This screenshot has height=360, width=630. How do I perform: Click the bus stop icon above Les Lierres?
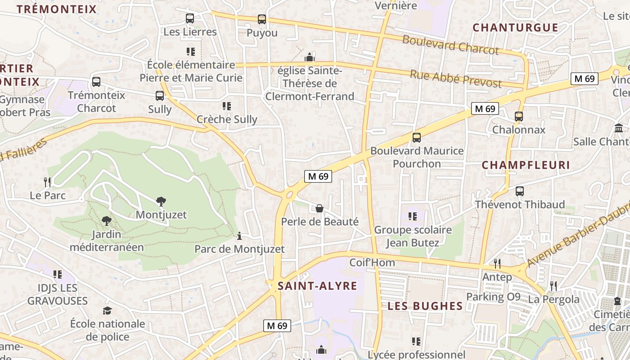(190, 18)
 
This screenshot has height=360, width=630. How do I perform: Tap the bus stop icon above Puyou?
(262, 19)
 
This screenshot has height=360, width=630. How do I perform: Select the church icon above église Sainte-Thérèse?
(310, 57)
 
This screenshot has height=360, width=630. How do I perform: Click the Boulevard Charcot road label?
(450, 45)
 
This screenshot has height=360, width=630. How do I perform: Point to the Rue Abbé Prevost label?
(455, 79)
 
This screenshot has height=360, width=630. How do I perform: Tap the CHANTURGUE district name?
(515, 27)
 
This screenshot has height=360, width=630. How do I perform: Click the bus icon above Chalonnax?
(519, 116)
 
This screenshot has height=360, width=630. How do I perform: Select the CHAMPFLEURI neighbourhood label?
(526, 165)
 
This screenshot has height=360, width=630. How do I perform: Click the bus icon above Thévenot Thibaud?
(520, 191)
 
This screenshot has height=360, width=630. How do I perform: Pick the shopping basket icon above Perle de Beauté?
(319, 208)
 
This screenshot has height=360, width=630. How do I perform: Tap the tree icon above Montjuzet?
(161, 201)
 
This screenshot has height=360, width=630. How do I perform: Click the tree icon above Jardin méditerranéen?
(107, 220)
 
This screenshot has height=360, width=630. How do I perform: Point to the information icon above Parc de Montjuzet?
(239, 235)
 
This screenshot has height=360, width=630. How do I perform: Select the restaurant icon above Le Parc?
(47, 182)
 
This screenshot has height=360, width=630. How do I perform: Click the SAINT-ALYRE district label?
(317, 286)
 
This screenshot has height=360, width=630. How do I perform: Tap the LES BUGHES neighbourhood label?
(425, 306)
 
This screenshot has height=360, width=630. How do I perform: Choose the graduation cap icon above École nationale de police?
(107, 310)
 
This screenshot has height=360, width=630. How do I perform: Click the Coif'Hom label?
(372, 262)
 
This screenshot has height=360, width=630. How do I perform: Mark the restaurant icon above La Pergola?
(553, 285)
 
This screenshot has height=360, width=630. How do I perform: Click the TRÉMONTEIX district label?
(57, 9)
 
